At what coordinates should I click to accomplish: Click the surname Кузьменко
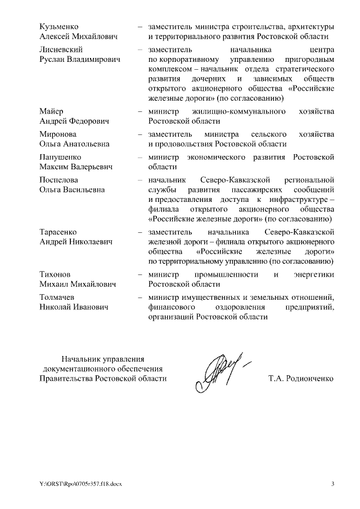click(58, 26)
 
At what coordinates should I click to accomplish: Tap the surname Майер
click(52, 111)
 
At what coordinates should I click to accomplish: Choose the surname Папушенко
click(60, 157)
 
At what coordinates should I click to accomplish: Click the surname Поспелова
click(59, 180)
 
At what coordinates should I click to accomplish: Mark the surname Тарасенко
click(58, 232)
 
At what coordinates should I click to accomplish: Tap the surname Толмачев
click(58, 297)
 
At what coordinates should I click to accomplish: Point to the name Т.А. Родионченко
click(301, 379)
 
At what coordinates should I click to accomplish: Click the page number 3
click(332, 484)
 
